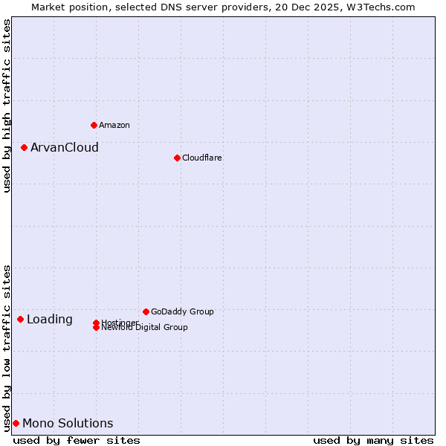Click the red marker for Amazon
click(94, 125)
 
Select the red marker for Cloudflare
click(177, 158)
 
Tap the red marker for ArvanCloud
click(24, 147)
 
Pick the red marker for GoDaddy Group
click(146, 311)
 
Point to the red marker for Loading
click(20, 319)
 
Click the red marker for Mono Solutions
click(16, 423)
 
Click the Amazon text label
click(114, 125)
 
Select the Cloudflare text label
click(201, 158)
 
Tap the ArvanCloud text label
click(64, 147)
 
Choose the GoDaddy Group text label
click(182, 311)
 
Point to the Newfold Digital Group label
click(144, 327)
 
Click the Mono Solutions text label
click(68, 424)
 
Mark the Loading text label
click(49, 320)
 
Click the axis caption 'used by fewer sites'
click(77, 440)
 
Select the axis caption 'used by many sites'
click(373, 440)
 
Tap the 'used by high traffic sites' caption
click(7, 106)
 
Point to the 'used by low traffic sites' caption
click(7, 348)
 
